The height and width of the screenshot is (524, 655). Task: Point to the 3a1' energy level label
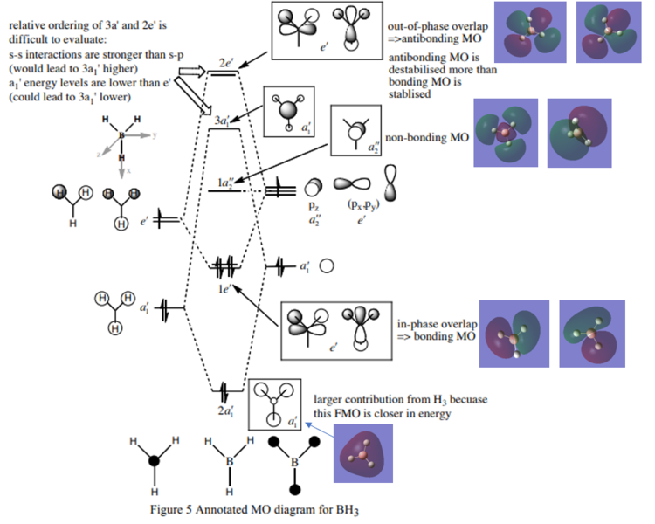[x=225, y=119]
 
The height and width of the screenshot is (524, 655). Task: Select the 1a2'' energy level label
[x=225, y=183]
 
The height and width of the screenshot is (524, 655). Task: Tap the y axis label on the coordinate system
[x=153, y=136]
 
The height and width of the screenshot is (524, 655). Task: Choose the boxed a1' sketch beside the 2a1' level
[x=274, y=404]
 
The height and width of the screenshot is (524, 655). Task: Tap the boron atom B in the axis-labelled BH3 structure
[x=121, y=136]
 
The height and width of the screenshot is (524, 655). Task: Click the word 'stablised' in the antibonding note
[x=409, y=95]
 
